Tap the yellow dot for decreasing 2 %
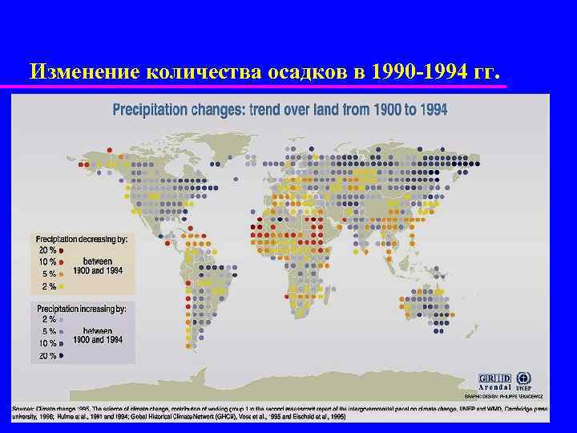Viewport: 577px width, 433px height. [62, 286]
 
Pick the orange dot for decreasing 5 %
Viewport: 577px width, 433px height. [62, 274]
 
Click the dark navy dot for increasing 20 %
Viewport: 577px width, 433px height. [62, 355]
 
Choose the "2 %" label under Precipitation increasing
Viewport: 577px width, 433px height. [48, 318]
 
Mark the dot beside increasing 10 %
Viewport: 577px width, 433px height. [62, 343]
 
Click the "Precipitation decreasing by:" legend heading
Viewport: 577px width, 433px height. [80, 239]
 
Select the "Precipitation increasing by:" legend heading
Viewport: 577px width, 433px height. [80, 307]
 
